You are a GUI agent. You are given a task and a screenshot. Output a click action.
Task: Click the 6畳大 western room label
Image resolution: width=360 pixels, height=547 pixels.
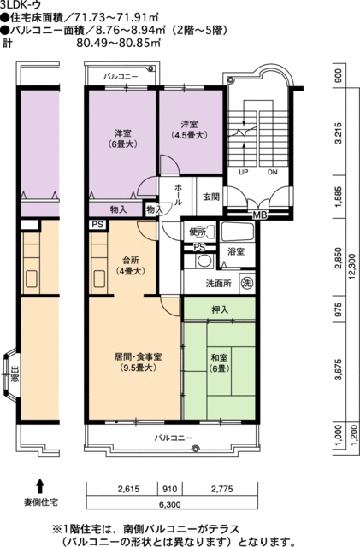[121, 138]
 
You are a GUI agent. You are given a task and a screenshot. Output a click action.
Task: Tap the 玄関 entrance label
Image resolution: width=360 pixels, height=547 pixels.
[210, 196]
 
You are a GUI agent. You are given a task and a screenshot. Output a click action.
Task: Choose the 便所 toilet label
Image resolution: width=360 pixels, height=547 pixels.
[198, 231]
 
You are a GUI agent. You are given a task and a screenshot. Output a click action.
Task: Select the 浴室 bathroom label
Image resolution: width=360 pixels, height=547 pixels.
[235, 251]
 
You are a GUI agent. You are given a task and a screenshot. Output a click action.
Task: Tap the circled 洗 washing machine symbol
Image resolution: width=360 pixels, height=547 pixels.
[246, 283]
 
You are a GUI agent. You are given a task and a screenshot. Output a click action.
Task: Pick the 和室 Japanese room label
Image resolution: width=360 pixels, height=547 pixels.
[220, 362]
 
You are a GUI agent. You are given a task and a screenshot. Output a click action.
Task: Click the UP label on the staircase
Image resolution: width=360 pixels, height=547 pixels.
[243, 172]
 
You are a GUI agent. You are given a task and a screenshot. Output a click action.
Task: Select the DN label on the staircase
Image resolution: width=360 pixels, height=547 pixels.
[272, 172]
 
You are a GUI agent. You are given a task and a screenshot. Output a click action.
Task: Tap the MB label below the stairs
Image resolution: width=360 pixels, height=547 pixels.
[259, 215]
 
